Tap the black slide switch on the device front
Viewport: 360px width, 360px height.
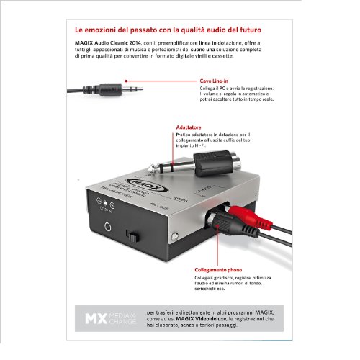(x=132, y=237)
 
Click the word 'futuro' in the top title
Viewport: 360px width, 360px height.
(x=248, y=32)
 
